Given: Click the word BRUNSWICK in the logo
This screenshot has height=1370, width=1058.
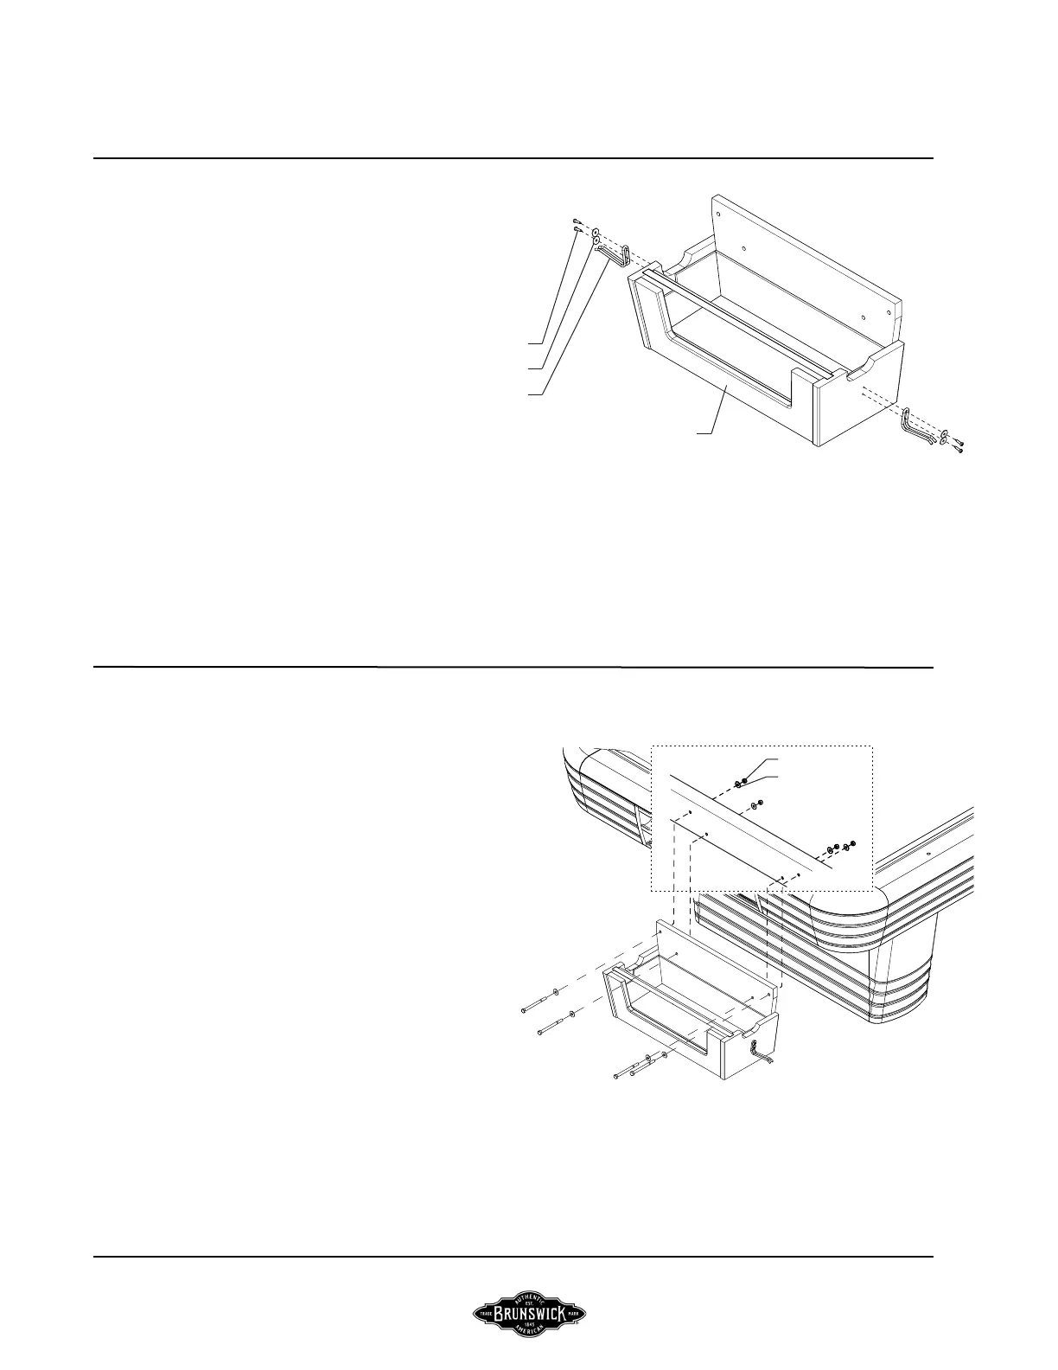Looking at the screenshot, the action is [x=529, y=1314].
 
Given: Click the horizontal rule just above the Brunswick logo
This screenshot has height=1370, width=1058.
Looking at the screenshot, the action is [x=513, y=1257].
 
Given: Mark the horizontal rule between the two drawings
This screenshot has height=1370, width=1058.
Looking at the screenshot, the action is [x=513, y=667].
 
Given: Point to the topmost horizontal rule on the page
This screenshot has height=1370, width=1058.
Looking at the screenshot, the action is [x=513, y=158].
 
